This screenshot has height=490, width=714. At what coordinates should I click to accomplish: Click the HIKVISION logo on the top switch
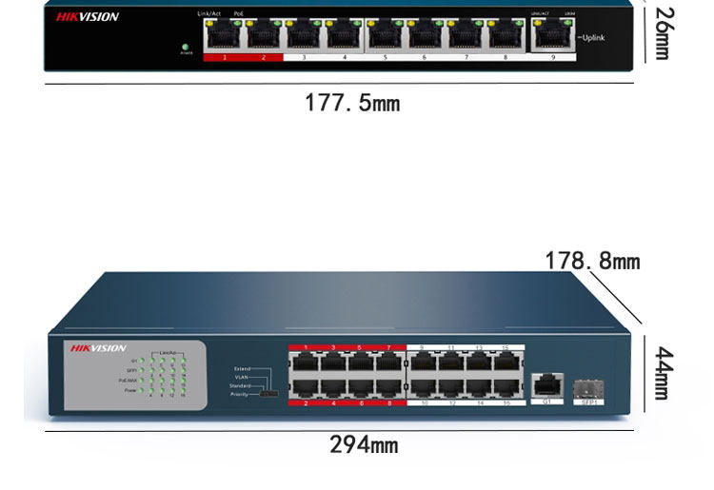[x=88, y=17]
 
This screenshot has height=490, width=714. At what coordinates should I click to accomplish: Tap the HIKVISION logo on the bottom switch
[x=98, y=348]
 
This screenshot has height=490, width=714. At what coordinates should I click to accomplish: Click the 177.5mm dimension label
[x=352, y=102]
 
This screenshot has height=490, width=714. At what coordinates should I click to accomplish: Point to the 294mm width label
[x=364, y=444]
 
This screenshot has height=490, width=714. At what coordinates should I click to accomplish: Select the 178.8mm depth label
[x=592, y=261]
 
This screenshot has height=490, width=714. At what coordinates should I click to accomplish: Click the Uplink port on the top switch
[x=548, y=36]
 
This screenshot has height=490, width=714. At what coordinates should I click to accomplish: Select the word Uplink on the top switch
[x=592, y=37]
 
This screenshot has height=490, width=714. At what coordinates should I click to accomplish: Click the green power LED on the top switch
[x=186, y=46]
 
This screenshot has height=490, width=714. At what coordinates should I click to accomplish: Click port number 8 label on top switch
[x=506, y=57]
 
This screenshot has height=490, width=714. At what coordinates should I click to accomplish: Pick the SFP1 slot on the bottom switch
[x=587, y=387]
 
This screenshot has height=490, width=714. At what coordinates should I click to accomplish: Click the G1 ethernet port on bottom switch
[x=546, y=385]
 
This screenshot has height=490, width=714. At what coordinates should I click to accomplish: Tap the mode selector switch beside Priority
[x=271, y=393]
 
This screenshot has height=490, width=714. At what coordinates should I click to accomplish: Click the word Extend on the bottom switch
[x=242, y=367]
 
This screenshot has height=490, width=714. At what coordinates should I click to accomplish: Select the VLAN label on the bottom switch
[x=243, y=377]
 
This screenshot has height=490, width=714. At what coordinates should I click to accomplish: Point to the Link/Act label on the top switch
[x=208, y=13]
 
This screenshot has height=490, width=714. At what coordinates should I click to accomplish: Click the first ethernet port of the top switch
[x=223, y=35]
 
